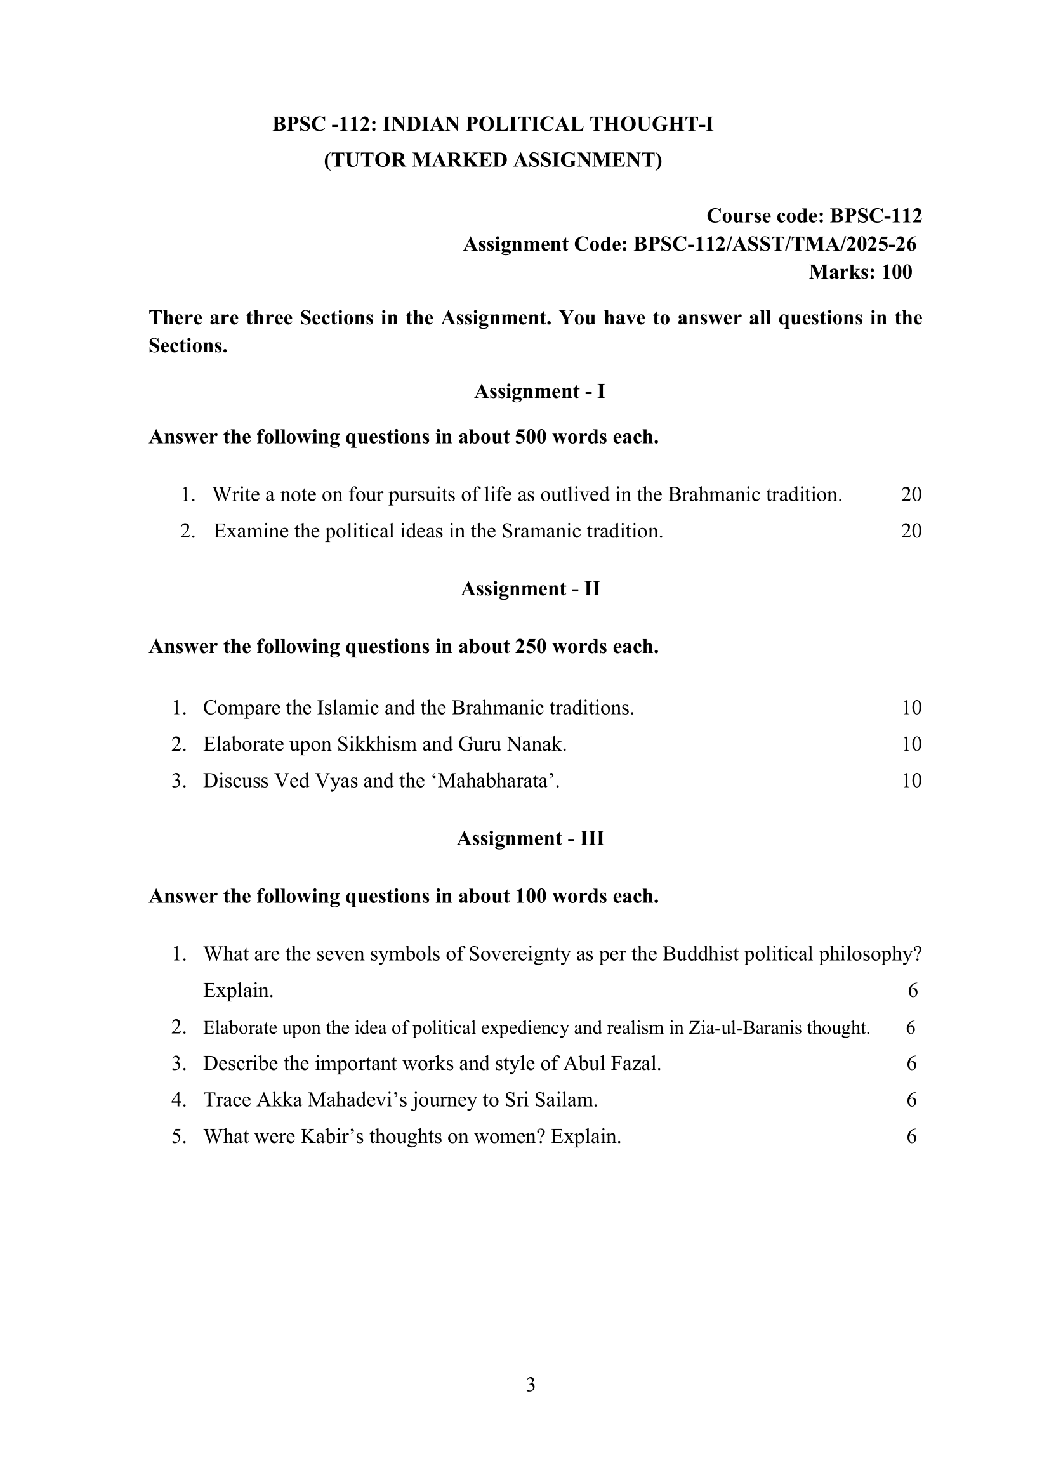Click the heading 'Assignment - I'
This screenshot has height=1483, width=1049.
pos(539,392)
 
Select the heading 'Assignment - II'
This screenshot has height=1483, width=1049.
pos(531,588)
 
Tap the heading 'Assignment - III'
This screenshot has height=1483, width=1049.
pos(531,838)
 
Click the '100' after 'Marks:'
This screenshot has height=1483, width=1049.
pos(897,272)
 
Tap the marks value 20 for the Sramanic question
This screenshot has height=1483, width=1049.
pos(911,531)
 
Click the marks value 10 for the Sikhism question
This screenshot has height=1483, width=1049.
pos(911,744)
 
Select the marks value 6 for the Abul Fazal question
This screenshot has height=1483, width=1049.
pos(911,1064)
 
